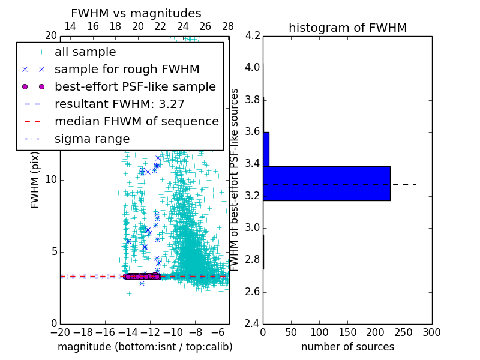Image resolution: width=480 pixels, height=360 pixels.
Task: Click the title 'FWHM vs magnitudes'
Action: pos(136,14)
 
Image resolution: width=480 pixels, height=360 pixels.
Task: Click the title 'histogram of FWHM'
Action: pos(347,28)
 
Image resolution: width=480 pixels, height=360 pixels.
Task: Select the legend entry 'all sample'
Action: pos(85,52)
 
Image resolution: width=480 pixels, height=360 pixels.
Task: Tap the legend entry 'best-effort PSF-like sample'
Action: pos(135,86)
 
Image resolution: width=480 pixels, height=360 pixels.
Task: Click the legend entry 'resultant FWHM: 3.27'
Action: pos(119,104)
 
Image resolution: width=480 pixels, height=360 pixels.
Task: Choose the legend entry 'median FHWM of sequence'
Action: pos(136,121)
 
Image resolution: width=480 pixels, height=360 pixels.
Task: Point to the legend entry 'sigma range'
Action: pos(92,139)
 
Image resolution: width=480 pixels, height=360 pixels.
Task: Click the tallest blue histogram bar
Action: pos(326,183)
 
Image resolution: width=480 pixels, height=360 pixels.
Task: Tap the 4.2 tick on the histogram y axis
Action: pos(253,35)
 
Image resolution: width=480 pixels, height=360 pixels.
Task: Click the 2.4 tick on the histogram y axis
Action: pos(253,324)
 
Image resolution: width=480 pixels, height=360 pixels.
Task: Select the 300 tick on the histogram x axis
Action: pos(431,332)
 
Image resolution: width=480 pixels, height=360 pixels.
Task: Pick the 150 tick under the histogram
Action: pos(347,332)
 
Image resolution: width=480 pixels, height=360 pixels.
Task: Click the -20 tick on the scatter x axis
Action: pos(60,332)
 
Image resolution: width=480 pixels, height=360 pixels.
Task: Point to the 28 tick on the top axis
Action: pos(228,26)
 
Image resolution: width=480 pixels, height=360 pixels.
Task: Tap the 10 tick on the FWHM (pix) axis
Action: pos(52,180)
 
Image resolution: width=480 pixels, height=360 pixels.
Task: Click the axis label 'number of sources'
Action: pos(347,347)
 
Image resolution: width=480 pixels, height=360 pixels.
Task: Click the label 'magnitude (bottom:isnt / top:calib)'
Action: pos(145,347)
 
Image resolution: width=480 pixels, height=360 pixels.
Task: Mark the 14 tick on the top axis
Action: pos(70,26)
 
